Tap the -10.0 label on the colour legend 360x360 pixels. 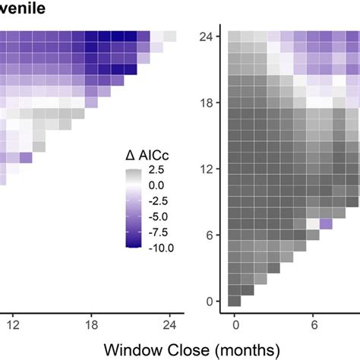[x=159, y=248]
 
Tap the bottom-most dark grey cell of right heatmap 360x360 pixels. [x=235, y=301]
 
